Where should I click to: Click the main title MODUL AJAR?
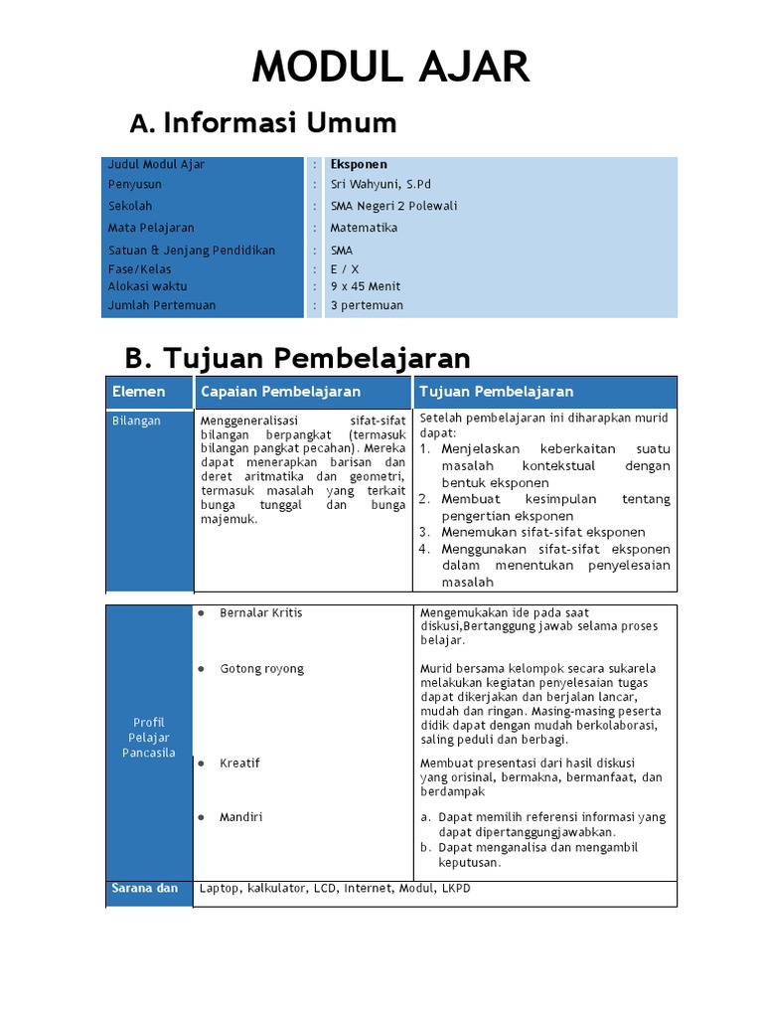[390, 68]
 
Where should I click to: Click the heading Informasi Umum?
[279, 123]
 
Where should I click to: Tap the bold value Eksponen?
[359, 165]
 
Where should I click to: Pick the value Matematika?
[364, 229]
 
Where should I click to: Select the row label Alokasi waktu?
[147, 286]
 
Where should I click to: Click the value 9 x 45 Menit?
[367, 286]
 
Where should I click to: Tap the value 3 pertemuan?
[367, 305]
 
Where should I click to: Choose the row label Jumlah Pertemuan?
[161, 305]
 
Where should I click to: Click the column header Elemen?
[138, 392]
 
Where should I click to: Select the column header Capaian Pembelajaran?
[280, 392]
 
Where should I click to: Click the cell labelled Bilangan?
[136, 422]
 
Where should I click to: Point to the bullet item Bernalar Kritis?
[260, 613]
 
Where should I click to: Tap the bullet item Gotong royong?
[261, 669]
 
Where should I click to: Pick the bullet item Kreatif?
[239, 763]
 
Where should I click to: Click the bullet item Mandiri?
[241, 817]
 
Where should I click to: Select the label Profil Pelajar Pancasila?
[149, 737]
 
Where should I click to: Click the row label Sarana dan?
[145, 889]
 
